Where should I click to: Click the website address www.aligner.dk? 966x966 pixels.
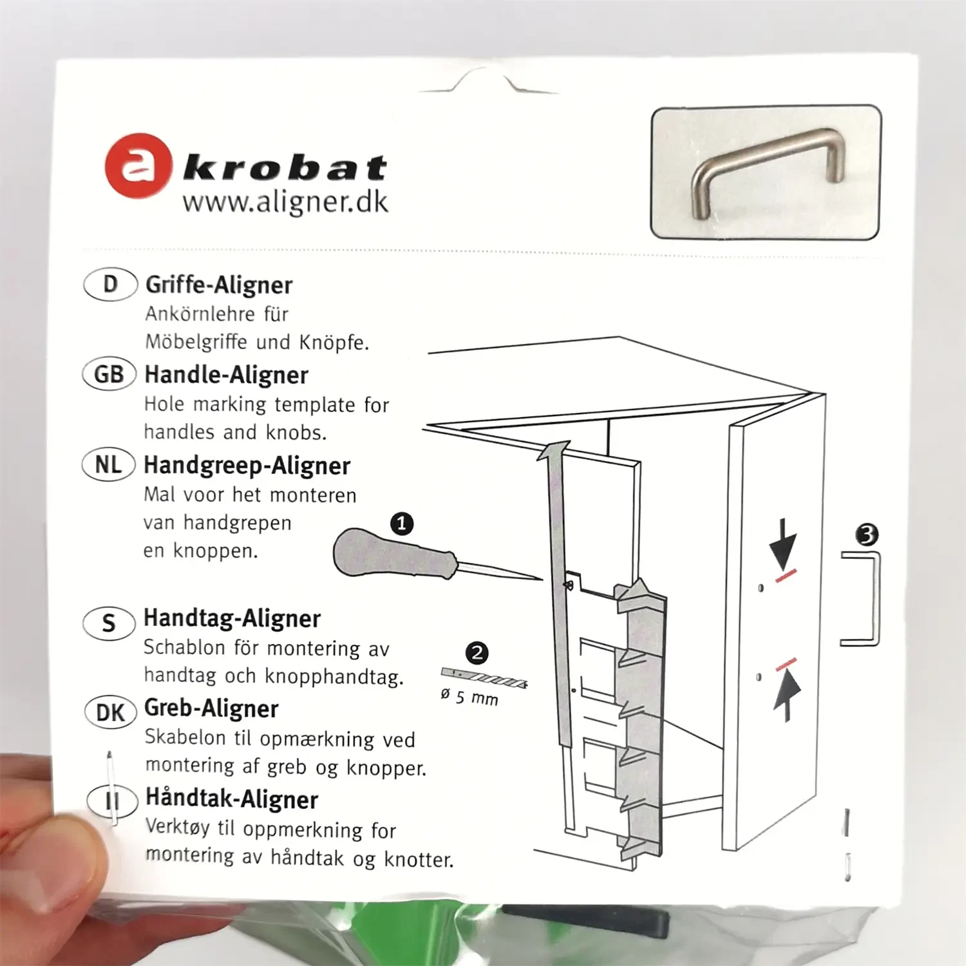pyautogui.click(x=285, y=202)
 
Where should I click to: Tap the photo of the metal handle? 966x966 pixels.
pyautogui.click(x=766, y=173)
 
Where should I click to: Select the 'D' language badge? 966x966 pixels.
pyautogui.click(x=110, y=284)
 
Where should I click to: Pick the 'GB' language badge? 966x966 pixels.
pyautogui.click(x=109, y=374)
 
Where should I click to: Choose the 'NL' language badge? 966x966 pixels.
pyautogui.click(x=108, y=464)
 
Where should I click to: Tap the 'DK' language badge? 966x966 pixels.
pyautogui.click(x=110, y=712)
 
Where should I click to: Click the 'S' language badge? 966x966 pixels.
pyautogui.click(x=109, y=623)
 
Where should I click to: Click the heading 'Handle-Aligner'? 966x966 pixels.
pyautogui.click(x=226, y=375)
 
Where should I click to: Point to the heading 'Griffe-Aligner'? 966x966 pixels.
pyautogui.click(x=219, y=285)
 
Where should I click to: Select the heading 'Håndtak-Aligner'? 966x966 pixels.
pyautogui.click(x=232, y=799)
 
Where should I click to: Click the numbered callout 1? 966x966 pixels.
pyautogui.click(x=402, y=523)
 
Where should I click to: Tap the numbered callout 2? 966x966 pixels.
pyautogui.click(x=477, y=653)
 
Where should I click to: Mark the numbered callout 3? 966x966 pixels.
pyautogui.click(x=867, y=535)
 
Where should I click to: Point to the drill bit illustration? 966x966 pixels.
pyautogui.click(x=484, y=678)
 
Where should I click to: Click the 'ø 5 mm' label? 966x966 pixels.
pyautogui.click(x=469, y=697)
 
